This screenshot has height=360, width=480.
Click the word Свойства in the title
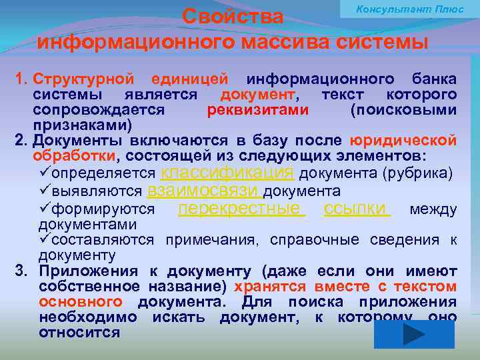pos(233,16)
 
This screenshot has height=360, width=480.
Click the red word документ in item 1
pos(258,95)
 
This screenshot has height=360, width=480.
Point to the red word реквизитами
pos(257,110)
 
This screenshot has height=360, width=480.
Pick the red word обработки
pos(74,156)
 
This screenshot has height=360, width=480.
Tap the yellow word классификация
pos(228,173)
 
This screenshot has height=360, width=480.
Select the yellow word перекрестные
pos(241,209)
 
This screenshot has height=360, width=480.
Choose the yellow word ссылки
pos(357,209)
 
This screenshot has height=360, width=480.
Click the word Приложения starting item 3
pos(88,271)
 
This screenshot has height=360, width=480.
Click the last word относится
pos(79,332)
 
